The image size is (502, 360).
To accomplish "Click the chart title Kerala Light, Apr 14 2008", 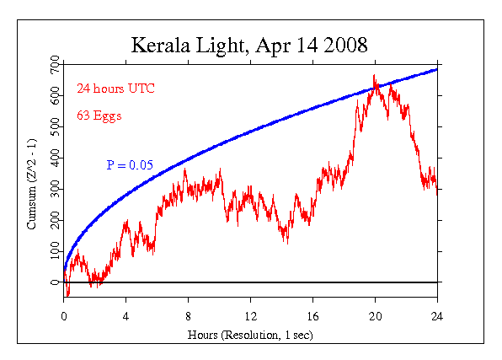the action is (x=249, y=46).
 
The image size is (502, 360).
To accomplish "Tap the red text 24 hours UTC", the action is (x=116, y=89).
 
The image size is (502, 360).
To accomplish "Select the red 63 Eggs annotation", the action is (x=99, y=116).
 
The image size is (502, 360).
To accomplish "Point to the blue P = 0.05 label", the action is (x=130, y=164).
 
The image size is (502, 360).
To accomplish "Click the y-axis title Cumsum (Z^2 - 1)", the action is (x=32, y=184).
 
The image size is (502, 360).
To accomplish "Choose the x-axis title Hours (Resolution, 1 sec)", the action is (x=250, y=335).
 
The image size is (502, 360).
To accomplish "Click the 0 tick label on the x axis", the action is (x=64, y=316).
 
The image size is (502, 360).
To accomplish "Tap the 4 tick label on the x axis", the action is (x=125, y=316).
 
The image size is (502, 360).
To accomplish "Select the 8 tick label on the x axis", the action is (x=189, y=316).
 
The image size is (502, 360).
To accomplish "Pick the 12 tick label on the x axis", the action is (x=251, y=316).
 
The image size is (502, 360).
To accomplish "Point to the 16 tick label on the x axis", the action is (x=312, y=316).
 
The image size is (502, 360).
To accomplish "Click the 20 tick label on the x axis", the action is (x=375, y=316).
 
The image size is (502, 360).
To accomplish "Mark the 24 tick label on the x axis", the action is (x=437, y=316).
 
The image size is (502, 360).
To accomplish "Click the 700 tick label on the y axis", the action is (x=56, y=64).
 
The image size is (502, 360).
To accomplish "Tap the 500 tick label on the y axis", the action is (x=56, y=126).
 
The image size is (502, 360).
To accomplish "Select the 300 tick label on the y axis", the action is (x=56, y=189).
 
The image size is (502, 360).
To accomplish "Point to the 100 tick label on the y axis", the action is (x=56, y=251).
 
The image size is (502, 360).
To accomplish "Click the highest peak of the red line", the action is (x=374, y=75).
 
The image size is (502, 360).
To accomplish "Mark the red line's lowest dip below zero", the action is (x=67, y=296).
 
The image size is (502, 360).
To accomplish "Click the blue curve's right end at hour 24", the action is (x=436, y=70).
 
